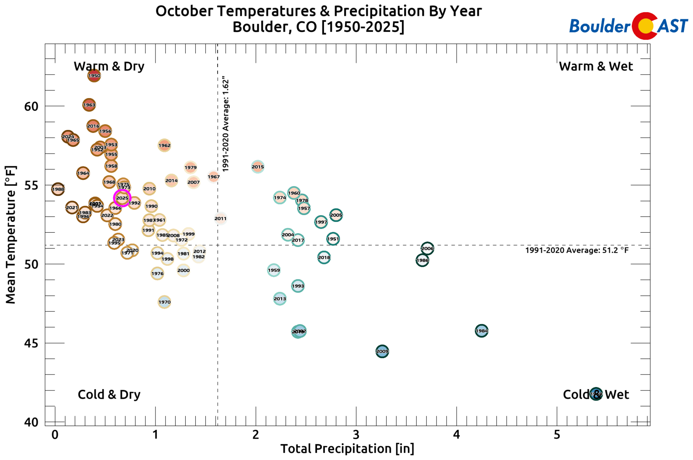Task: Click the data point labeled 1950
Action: [94, 75]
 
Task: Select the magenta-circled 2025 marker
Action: [122, 198]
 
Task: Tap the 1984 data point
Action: [482, 331]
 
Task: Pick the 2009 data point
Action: [382, 351]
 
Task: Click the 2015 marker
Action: [257, 167]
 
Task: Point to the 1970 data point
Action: [164, 302]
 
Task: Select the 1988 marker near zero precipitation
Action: [58, 189]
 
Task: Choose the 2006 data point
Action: [427, 249]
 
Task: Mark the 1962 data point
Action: [164, 146]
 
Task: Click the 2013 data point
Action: [280, 299]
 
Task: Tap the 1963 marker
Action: [89, 105]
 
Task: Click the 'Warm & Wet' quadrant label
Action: [596, 66]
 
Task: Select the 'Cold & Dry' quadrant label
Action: [109, 395]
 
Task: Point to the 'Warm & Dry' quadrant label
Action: [109, 66]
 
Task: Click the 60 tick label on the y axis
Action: [31, 107]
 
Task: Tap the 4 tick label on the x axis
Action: [457, 435]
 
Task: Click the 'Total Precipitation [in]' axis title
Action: [347, 449]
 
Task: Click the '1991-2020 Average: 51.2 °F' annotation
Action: [577, 250]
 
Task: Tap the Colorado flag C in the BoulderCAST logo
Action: [644, 26]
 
